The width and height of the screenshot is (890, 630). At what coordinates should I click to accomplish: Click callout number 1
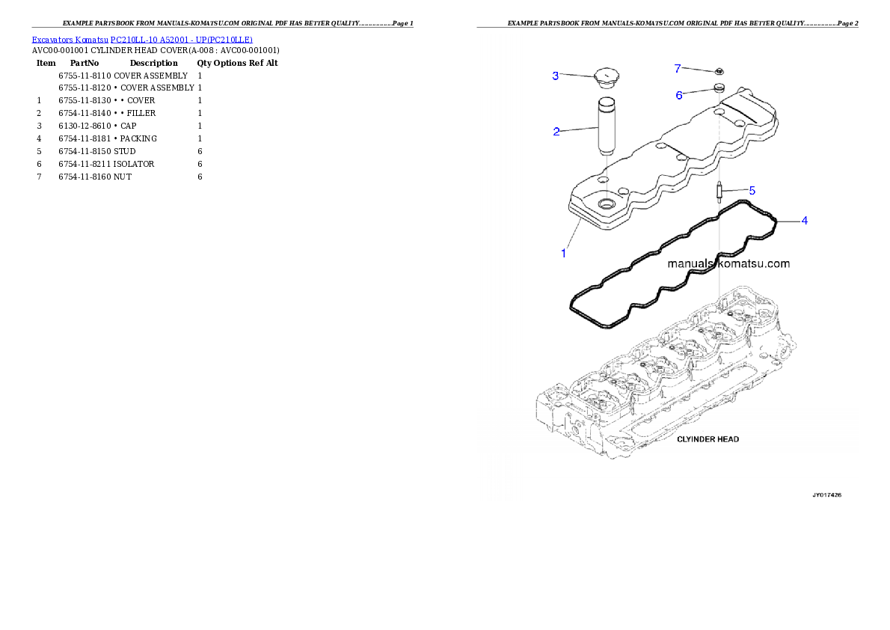coord(564,254)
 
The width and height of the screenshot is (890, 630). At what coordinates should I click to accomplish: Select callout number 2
coord(556,132)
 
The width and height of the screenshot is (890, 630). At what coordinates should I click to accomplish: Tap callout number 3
coord(556,76)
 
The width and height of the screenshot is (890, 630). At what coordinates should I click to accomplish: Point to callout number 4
coord(804,221)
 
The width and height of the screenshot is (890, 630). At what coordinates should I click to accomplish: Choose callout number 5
coord(752,190)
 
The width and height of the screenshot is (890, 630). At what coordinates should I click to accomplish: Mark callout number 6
coord(679,95)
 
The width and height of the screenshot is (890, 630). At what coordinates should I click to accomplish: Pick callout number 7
coord(678,69)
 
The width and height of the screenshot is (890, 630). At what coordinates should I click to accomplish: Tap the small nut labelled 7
coord(718,72)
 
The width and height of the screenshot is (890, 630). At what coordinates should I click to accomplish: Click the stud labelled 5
coord(719,192)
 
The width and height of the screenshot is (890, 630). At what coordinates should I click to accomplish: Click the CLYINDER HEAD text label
coord(708,439)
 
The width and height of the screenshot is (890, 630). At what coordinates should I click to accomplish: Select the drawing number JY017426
coord(827,495)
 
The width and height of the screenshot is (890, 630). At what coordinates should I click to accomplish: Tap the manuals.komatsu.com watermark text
coord(728,264)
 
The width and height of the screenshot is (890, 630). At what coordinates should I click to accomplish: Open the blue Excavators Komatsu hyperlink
coord(142,39)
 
